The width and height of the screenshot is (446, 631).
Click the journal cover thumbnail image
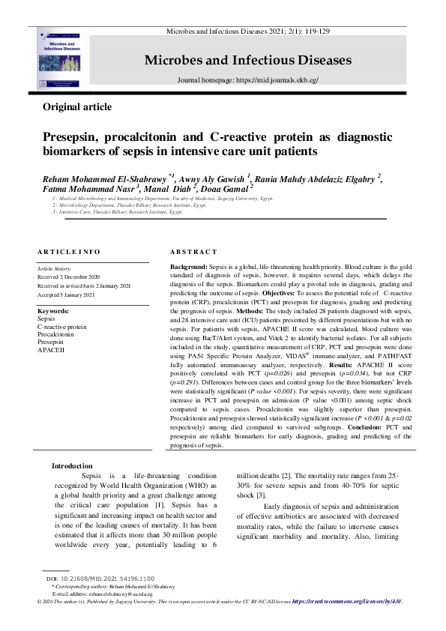(63, 57)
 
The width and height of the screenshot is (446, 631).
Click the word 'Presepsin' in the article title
(73, 138)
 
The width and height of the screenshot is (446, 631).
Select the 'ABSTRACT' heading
(194, 252)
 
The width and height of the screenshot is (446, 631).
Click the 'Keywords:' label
(53, 310)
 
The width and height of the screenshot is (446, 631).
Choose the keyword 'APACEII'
(52, 350)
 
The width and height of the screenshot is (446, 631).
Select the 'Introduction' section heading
(72, 466)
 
